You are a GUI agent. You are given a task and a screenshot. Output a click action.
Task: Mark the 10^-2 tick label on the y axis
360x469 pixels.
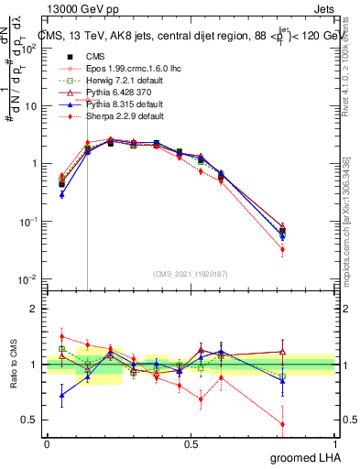[x=28, y=279]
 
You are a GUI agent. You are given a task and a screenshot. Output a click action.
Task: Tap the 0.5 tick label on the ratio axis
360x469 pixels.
[x=29, y=420]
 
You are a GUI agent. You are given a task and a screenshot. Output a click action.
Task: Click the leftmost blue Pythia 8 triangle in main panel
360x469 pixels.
[x=61, y=194]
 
